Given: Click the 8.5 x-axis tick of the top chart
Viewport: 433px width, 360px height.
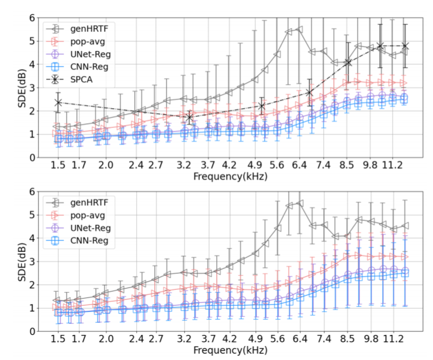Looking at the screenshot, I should pyautogui.click(x=347, y=165).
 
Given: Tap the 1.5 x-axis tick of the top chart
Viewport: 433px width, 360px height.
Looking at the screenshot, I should pyautogui.click(x=57, y=165).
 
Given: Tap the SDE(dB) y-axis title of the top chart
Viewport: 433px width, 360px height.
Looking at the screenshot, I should pyautogui.click(x=16, y=87).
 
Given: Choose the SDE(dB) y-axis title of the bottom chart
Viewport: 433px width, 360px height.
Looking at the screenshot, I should pyautogui.click(x=16, y=261).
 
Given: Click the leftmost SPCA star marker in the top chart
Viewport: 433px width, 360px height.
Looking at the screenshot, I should pyautogui.click(x=58, y=102).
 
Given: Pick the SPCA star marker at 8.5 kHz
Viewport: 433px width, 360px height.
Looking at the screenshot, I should pyautogui.click(x=348, y=63).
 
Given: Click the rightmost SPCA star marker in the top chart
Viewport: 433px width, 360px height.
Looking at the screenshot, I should pyautogui.click(x=404, y=46).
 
